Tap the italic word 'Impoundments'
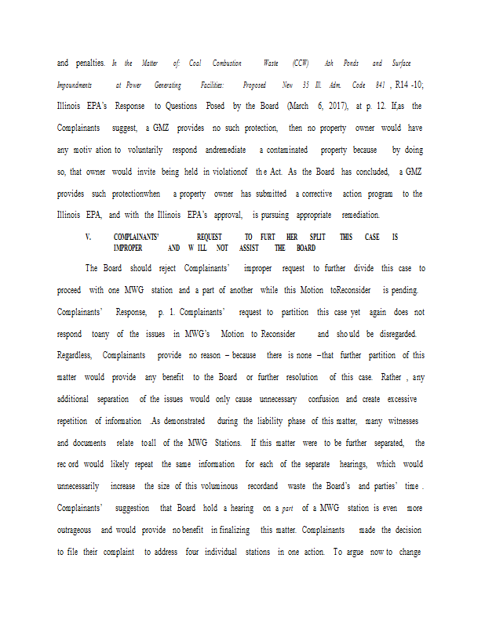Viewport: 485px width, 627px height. [75, 84]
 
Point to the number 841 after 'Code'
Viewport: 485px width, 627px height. [379, 84]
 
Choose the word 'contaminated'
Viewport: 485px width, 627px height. [286, 149]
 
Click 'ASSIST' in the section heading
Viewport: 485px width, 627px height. [249, 248]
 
